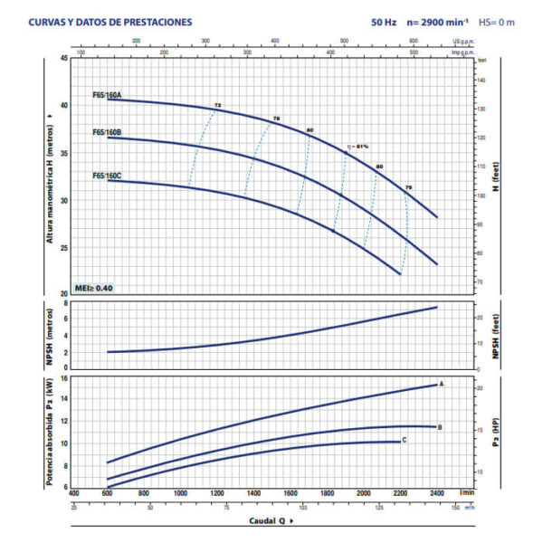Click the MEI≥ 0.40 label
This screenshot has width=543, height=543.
coord(93,288)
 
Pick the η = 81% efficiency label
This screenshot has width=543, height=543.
coord(358,146)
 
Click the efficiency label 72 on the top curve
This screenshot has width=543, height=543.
coord(217,106)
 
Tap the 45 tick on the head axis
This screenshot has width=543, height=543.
coord(63,58)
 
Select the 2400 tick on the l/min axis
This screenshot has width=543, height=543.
coord(437,493)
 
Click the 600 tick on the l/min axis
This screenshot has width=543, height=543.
coord(107,493)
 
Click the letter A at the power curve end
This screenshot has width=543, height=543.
coord(442,385)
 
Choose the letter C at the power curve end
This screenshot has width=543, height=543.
coord(404,440)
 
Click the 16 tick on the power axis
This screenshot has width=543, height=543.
coord(64,378)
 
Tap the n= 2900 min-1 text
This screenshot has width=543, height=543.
coord(439,22)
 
